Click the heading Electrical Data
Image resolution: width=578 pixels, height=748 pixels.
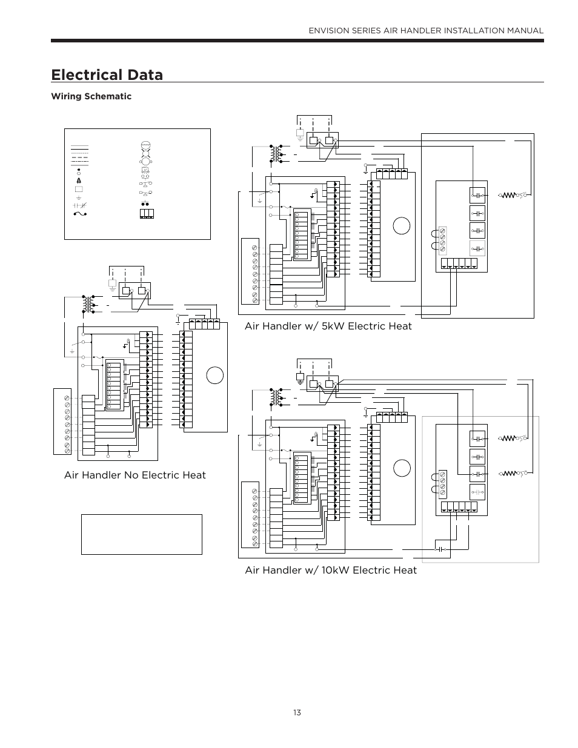click(107, 74)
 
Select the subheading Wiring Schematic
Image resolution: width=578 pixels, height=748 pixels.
click(91, 96)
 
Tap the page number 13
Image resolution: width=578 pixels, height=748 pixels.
click(297, 713)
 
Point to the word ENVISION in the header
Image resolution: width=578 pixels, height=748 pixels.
click(329, 31)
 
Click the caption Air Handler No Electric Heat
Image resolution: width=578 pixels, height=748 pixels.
click(135, 475)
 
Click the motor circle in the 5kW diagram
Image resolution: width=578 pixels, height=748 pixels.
click(402, 226)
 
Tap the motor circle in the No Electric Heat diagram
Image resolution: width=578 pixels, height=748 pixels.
click(215, 375)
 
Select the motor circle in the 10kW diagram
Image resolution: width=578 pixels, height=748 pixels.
click(402, 468)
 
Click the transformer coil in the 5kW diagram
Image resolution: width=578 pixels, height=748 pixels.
click(276, 153)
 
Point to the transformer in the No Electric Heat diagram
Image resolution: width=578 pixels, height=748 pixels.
click(88, 304)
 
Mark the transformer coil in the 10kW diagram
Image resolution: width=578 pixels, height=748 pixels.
click(276, 397)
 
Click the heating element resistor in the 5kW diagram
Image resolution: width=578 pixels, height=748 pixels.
click(508, 195)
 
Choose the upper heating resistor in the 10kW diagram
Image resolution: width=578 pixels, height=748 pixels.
click(508, 438)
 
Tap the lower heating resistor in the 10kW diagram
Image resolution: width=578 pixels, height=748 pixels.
click(508, 474)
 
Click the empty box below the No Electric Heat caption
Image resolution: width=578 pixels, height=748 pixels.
click(142, 535)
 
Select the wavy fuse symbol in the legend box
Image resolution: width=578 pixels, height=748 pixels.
click(80, 214)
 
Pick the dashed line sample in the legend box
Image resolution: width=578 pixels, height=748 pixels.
click(79, 157)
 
